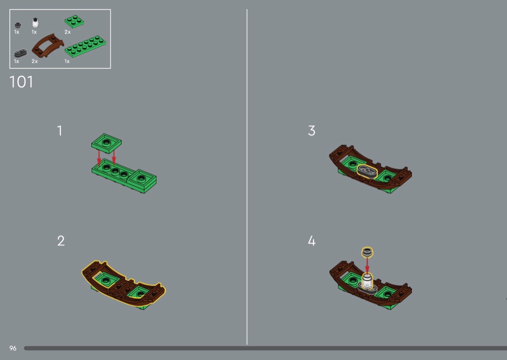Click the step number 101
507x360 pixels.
click(21, 82)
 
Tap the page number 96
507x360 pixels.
click(13, 348)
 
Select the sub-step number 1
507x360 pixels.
click(59, 131)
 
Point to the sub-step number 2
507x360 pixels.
click(61, 241)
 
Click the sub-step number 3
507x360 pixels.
click(311, 131)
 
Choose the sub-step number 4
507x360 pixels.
click(311, 241)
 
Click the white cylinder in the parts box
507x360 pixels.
click(35, 23)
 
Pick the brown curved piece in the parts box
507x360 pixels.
click(47, 45)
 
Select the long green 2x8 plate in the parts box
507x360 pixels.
click(85, 46)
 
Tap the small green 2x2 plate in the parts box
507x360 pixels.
click(74, 21)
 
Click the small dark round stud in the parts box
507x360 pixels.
click(18, 25)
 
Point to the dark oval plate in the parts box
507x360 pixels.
click(20, 53)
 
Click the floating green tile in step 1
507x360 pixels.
click(106, 143)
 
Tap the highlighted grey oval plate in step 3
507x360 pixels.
click(367, 171)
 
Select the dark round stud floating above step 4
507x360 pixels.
click(367, 252)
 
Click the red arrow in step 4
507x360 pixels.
click(367, 265)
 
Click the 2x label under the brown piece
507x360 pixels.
click(35, 61)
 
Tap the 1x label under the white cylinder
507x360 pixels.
click(34, 32)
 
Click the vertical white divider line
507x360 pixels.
click(247, 177)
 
